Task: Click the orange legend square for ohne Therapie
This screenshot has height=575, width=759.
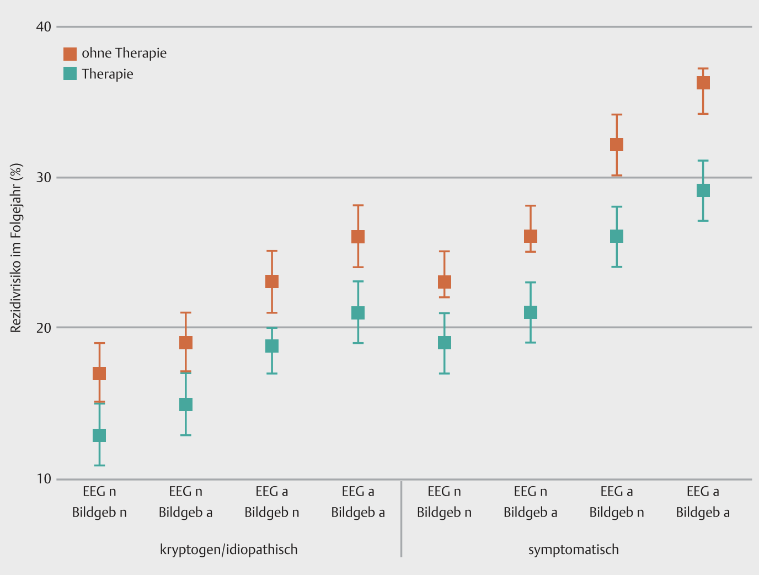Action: pos(70,54)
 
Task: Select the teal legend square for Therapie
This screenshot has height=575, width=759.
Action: pos(70,73)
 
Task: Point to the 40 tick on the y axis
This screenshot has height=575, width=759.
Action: pos(44,26)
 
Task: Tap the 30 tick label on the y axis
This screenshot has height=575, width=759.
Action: pos(44,177)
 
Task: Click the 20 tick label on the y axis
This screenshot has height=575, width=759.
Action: pos(44,328)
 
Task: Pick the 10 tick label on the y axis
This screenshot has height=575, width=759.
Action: pos(44,479)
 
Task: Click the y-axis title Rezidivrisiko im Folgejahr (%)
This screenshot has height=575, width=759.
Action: pos(16,248)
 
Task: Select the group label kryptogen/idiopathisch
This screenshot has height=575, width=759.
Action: pos(228,550)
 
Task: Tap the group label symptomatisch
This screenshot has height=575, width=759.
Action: pos(573,550)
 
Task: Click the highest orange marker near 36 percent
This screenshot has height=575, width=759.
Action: pos(703,83)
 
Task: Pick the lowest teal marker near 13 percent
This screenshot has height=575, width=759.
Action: pos(99,435)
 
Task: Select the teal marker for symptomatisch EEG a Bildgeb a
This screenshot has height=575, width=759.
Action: pos(703,190)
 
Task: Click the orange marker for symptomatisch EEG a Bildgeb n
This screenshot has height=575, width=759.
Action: pos(616,145)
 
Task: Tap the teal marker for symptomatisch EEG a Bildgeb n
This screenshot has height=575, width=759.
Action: pos(616,236)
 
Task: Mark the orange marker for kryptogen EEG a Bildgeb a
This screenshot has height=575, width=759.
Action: pos(358,237)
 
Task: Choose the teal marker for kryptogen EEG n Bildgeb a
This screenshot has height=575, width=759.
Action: pos(186,404)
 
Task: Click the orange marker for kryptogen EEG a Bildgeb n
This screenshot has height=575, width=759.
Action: pos(272,281)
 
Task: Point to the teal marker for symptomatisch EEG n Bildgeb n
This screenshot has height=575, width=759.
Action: pos(444,343)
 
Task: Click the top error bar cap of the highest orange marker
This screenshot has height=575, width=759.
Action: pos(703,68)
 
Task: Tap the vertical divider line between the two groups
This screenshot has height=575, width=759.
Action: pos(401,519)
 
